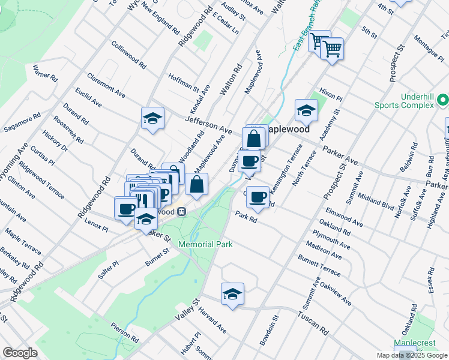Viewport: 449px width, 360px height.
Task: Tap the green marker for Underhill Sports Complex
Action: point(443,100)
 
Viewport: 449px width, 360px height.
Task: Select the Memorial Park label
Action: point(205,244)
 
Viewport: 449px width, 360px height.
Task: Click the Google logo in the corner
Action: point(20,353)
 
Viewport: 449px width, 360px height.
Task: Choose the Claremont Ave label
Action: point(106,86)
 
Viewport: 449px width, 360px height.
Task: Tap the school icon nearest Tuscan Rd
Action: point(232,294)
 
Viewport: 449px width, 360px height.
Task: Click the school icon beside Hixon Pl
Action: point(306,110)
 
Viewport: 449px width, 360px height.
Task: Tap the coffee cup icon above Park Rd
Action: point(258,197)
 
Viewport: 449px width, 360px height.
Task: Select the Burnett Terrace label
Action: point(319,265)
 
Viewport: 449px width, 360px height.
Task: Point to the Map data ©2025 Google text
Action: point(411,355)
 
